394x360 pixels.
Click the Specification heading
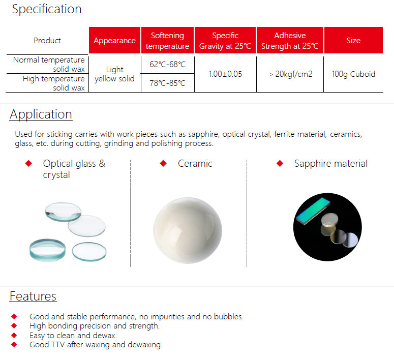click(47, 9)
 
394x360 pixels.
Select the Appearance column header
click(114, 40)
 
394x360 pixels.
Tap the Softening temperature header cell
click(167, 40)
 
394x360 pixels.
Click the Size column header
click(353, 40)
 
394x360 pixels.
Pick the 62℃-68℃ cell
click(167, 65)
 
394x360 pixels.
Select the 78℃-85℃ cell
click(167, 83)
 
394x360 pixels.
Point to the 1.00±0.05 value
click(225, 74)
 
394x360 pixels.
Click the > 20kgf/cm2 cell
click(290, 74)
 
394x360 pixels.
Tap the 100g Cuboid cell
click(353, 74)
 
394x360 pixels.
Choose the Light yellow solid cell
click(114, 74)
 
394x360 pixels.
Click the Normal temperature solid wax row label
click(49, 65)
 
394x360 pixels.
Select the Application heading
click(41, 114)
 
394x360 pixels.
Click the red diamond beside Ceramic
click(163, 163)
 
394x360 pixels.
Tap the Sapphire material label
click(331, 163)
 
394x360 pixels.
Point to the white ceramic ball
click(188, 230)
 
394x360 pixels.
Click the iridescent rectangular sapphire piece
click(313, 211)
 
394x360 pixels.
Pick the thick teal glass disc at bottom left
click(47, 250)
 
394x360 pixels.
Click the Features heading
click(33, 296)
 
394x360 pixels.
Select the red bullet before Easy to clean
click(14, 335)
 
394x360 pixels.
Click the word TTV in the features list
click(58, 344)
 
